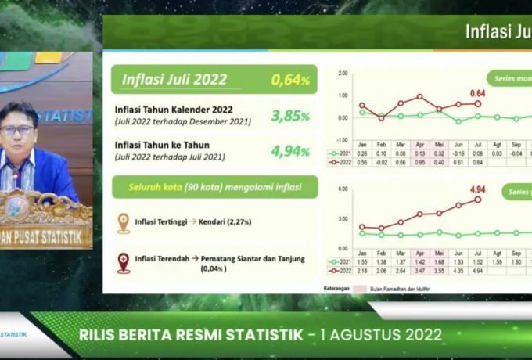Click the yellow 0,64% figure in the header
[x=290, y=80]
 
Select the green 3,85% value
[x=290, y=116]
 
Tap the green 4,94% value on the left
[x=290, y=151]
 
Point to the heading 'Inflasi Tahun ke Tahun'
[x=163, y=145]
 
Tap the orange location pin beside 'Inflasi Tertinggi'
[x=124, y=222]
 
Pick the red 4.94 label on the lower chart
[x=476, y=189]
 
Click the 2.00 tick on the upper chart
[x=343, y=73]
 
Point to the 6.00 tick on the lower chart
[x=343, y=189]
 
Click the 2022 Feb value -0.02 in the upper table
[x=382, y=162]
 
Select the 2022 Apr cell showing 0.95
[x=420, y=162]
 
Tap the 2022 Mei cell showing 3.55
[x=439, y=270]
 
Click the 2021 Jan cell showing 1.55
[x=362, y=261]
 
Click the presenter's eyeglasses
[x=17, y=131]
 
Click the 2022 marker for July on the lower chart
[x=477, y=200]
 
